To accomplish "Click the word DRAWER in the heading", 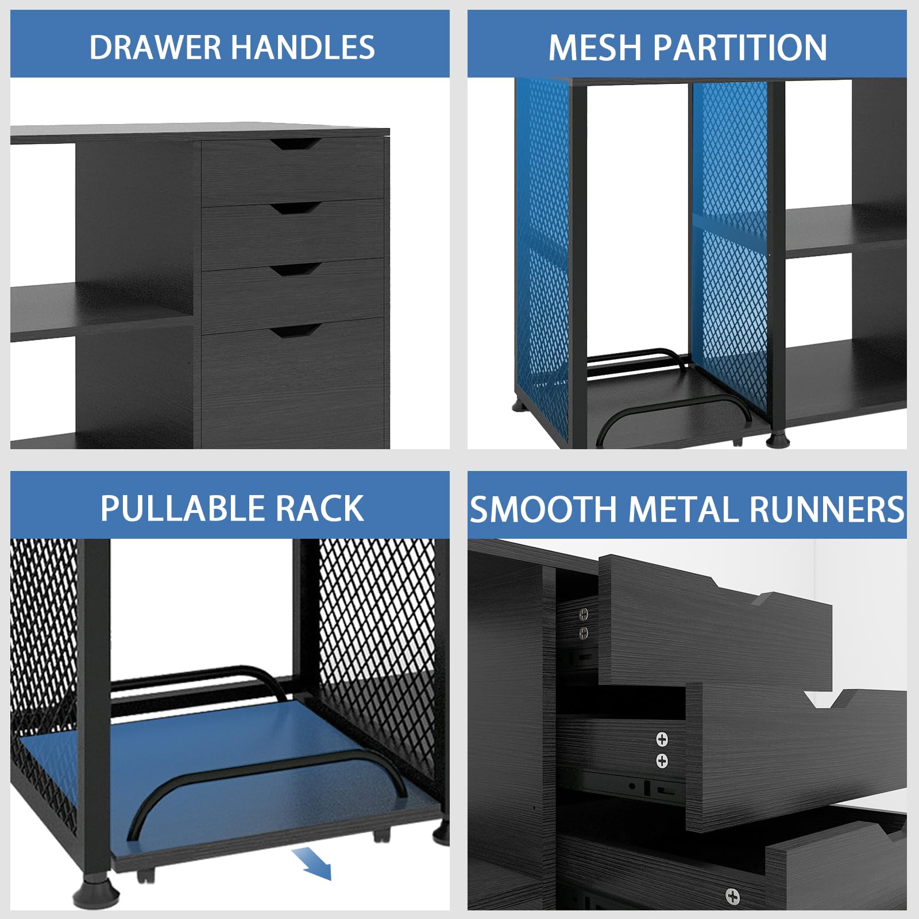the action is [155, 47].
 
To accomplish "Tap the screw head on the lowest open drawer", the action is [732, 896].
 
